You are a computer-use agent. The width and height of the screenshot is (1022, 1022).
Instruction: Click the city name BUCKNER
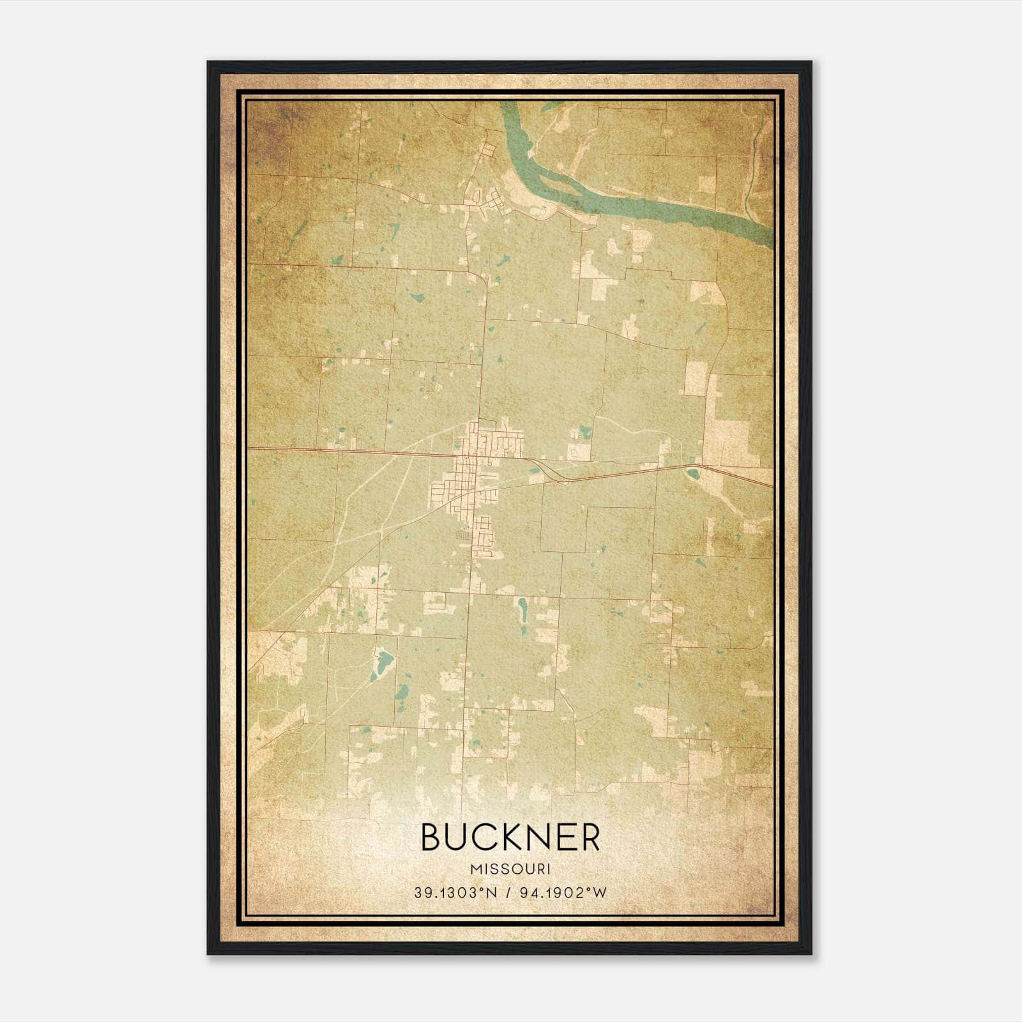[x=510, y=837]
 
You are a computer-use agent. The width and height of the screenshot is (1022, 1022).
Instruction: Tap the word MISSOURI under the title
[x=510, y=869]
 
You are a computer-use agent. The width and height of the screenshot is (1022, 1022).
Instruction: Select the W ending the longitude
[x=599, y=893]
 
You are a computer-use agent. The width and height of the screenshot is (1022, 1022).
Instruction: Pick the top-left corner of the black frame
[x=208, y=63]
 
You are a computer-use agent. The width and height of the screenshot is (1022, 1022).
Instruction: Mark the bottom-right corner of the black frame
[x=811, y=953]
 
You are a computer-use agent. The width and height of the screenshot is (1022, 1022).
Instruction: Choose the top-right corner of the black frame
[x=811, y=63]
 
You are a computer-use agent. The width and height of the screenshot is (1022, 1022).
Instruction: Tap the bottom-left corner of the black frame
[x=208, y=953]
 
